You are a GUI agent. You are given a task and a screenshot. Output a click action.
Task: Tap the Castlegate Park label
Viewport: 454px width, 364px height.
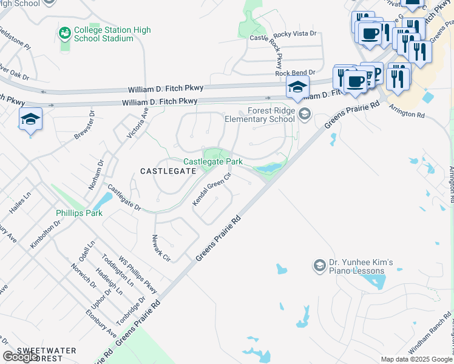tap(213, 162)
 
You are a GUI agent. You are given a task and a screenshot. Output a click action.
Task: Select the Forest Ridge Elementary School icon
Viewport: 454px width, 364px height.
tap(305, 112)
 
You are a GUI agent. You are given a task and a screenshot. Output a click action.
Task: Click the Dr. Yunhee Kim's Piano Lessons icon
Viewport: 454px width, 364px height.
tap(319, 266)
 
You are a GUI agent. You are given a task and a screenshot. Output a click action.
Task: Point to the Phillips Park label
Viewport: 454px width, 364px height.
tap(79, 213)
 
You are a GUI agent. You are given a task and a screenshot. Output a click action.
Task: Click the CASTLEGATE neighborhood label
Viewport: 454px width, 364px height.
tap(168, 172)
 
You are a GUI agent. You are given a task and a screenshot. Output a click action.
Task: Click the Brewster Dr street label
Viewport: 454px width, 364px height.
tap(84, 126)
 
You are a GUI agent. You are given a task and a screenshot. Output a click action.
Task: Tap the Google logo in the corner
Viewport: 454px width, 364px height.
tap(20, 357)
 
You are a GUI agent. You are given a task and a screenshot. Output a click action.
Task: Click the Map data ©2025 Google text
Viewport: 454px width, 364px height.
tap(416, 359)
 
